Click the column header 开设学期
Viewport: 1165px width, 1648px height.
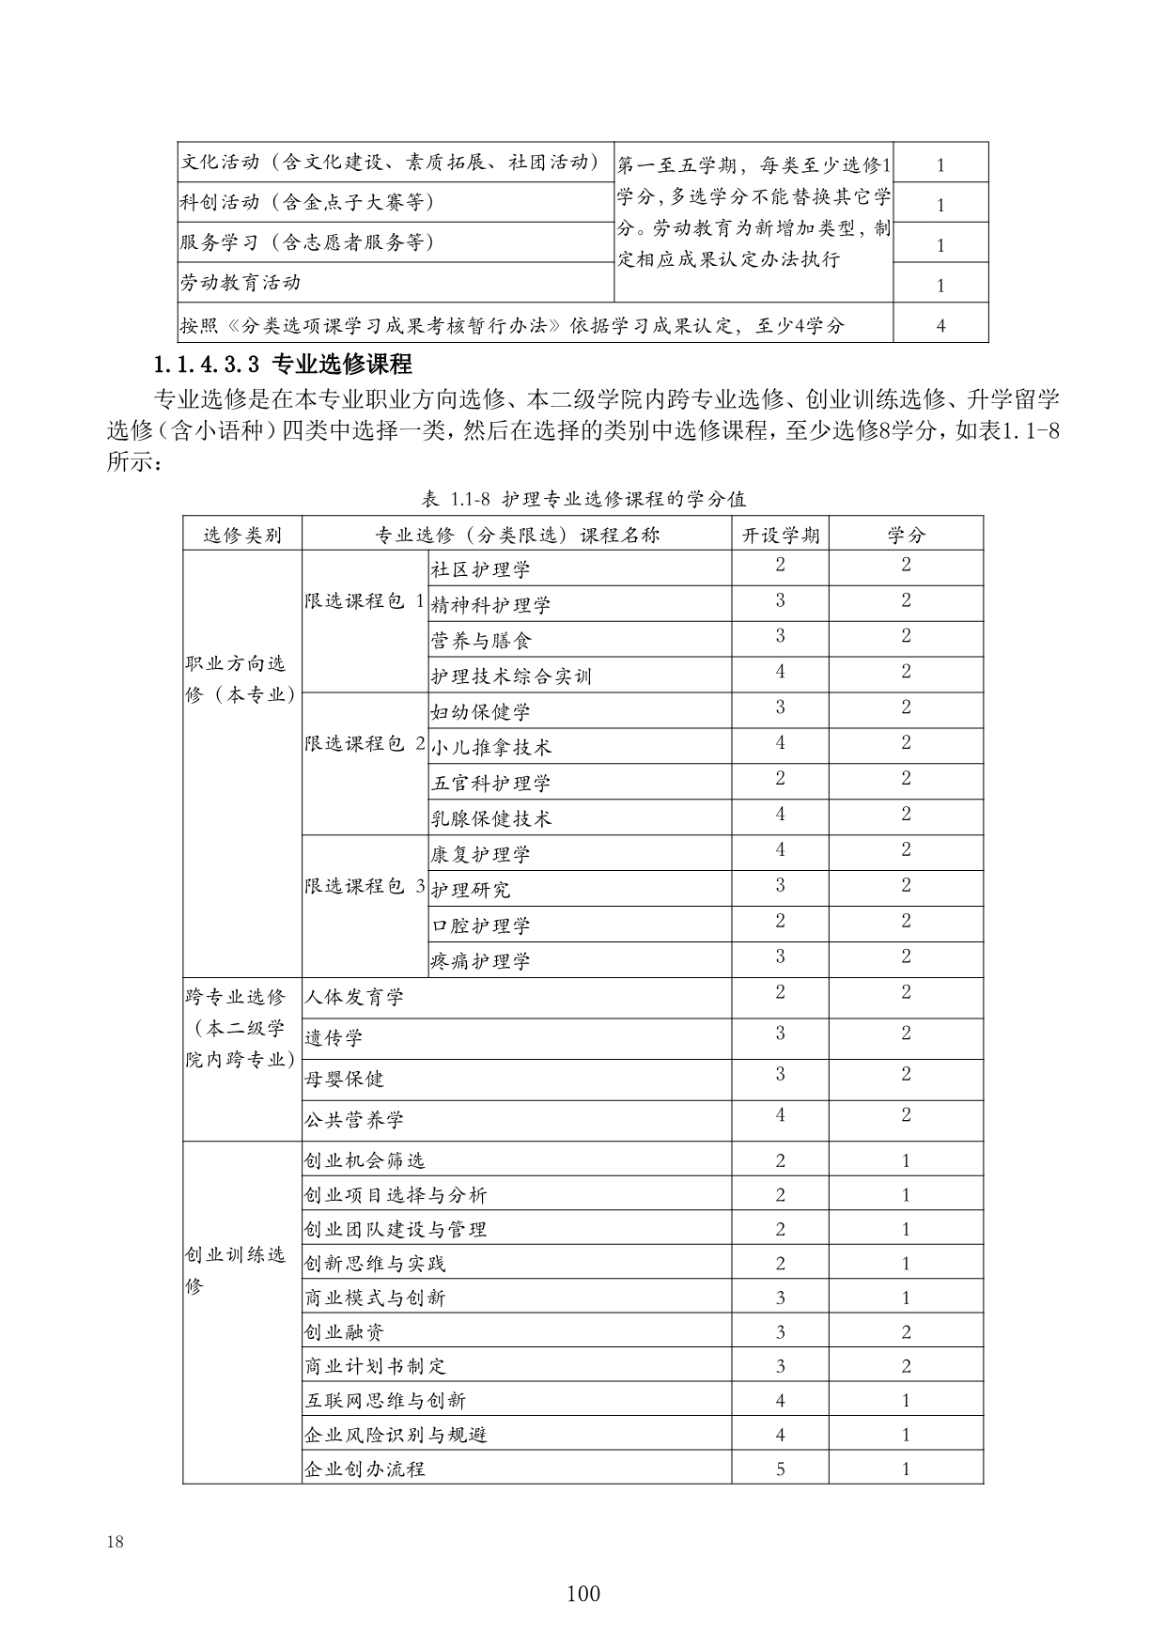point(780,535)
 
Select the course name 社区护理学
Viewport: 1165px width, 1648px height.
point(480,569)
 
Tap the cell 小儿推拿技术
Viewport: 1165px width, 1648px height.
point(490,748)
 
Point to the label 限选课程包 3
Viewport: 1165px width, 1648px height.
point(365,886)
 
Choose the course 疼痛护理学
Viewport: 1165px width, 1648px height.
point(480,961)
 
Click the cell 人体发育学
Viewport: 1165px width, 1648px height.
point(353,998)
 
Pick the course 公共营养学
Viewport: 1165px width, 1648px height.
point(353,1120)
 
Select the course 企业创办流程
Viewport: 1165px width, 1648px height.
point(365,1469)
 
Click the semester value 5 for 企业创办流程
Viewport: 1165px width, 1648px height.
point(780,1469)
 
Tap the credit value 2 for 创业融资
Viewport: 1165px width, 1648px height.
point(906,1332)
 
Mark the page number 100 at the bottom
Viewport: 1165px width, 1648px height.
point(582,1594)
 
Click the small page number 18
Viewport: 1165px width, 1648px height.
point(116,1542)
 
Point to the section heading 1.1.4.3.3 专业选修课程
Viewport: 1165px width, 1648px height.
point(283,364)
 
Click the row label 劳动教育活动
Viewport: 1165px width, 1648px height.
point(241,283)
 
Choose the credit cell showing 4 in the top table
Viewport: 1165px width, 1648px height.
point(940,326)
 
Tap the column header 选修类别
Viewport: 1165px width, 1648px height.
point(242,535)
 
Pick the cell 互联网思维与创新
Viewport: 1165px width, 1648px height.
point(385,1400)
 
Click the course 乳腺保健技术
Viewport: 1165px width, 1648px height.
point(490,818)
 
